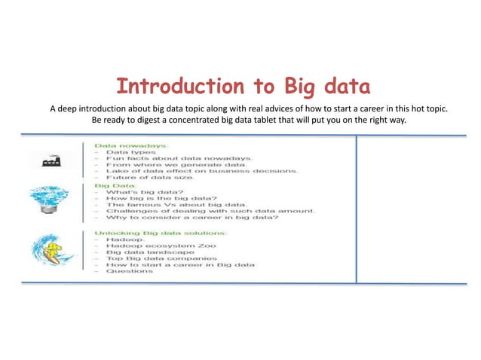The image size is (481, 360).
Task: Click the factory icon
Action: pyautogui.click(x=50, y=159)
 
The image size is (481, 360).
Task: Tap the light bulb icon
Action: pyautogui.click(x=49, y=201)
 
